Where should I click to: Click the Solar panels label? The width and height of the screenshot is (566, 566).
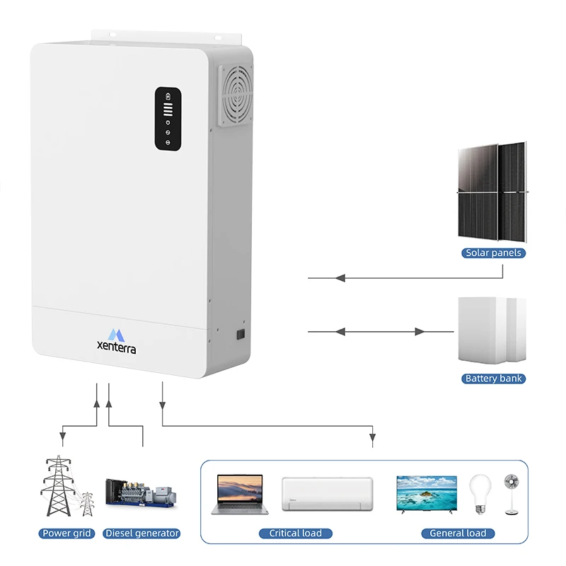(x=493, y=253)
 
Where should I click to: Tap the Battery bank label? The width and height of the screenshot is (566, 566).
(x=493, y=379)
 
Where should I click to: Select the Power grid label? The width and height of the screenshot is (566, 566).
(x=67, y=533)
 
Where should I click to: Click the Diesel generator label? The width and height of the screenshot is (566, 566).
(x=141, y=533)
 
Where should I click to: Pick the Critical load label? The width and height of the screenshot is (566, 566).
(x=295, y=533)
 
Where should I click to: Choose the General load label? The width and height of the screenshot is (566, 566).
(x=458, y=533)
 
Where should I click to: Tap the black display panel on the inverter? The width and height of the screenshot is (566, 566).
(x=168, y=118)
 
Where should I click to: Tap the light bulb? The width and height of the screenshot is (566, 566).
(x=480, y=493)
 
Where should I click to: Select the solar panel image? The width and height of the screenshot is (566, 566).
(x=492, y=191)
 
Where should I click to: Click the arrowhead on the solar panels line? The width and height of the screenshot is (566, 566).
(x=340, y=278)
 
